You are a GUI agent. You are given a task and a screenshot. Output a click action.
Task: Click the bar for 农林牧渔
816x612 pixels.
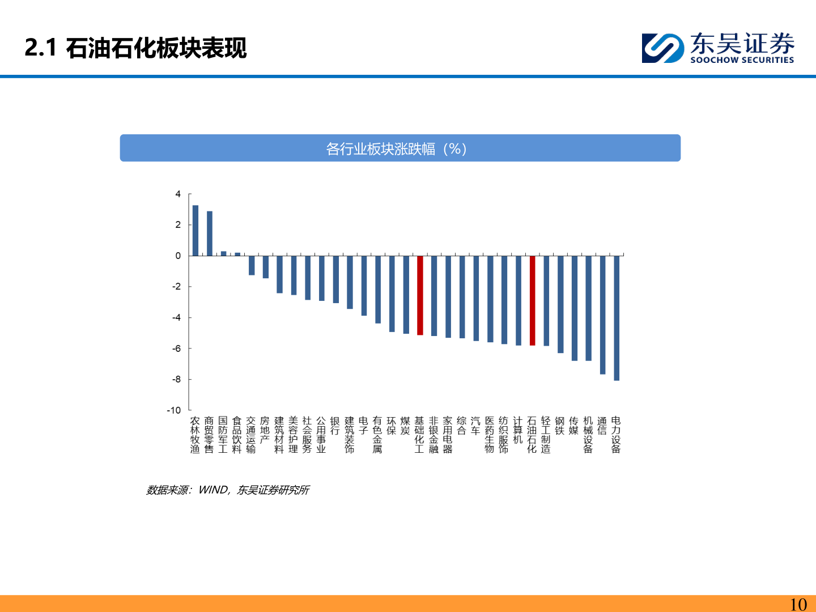point(195,231)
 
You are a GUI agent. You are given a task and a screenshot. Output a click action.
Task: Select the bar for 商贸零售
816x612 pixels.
point(210,233)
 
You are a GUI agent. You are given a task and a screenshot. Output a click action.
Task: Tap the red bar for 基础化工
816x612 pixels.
point(420,295)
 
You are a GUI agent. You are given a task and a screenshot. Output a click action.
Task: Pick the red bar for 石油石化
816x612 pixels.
point(532,300)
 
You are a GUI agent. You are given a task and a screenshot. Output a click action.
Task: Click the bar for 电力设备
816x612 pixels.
point(617,318)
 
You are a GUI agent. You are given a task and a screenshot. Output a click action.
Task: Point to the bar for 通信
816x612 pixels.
point(602,314)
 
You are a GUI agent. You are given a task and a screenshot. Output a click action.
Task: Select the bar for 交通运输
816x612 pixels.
point(252,265)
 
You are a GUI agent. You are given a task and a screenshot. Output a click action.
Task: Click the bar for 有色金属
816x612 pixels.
point(378,289)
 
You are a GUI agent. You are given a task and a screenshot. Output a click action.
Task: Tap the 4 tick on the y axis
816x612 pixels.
point(178,194)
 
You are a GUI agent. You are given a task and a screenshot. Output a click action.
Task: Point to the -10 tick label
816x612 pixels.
point(174,410)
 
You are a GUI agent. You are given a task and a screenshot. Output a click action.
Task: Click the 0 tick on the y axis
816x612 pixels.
point(178,256)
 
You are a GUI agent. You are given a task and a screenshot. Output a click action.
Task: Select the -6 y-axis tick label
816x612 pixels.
point(176,348)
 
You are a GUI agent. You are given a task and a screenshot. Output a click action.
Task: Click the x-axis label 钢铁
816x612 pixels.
point(560,426)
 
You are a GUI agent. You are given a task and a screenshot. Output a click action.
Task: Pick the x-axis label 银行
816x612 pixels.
point(335,426)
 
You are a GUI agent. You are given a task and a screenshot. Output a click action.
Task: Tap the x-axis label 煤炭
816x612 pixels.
point(406,426)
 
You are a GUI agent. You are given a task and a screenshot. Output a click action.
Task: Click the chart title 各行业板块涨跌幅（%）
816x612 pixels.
point(397,148)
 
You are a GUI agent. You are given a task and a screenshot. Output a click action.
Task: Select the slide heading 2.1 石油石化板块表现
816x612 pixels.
point(136,48)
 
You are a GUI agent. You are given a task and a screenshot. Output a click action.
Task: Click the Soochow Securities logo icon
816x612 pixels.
point(662,48)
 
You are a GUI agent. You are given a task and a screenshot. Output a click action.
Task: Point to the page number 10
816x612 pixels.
point(798,604)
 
